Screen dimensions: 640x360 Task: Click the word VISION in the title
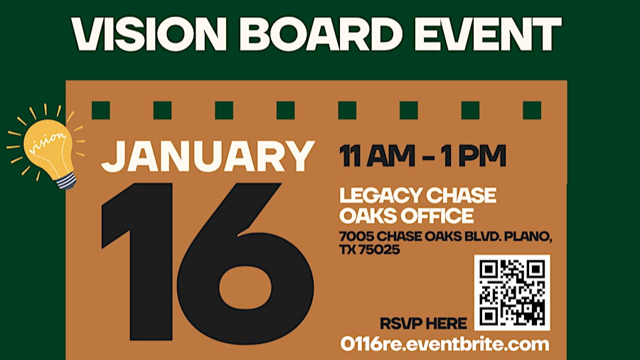point(149,34)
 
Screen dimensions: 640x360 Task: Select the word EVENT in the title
point(488,34)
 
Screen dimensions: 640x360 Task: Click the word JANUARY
point(208,157)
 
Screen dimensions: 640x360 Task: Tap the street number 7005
point(356,236)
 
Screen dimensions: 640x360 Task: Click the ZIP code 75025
point(379,250)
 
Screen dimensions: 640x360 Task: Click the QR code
point(512,292)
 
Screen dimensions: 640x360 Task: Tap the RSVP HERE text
point(423,324)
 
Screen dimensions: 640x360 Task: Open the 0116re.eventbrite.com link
point(445,344)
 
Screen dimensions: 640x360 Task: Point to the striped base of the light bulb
point(67,181)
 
